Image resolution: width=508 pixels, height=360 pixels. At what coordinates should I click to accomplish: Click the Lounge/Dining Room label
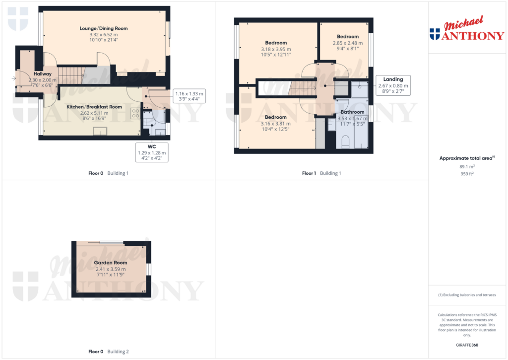coord(104,28)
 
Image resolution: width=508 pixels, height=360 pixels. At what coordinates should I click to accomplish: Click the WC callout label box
coord(152,152)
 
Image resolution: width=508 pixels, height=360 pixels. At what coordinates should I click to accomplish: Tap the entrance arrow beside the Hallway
coord(13,78)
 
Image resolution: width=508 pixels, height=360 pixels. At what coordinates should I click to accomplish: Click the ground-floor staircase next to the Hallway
coord(71,75)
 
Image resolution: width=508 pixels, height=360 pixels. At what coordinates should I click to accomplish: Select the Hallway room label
coord(42,74)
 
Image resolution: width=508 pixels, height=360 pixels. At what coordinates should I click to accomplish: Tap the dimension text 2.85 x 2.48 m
coord(347,43)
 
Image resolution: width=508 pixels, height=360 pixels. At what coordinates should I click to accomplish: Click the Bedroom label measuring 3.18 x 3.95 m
coord(276,43)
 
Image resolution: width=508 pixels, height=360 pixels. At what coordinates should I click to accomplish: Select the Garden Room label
coord(110,263)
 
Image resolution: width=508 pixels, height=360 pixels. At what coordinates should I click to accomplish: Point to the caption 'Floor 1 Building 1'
coord(321,173)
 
